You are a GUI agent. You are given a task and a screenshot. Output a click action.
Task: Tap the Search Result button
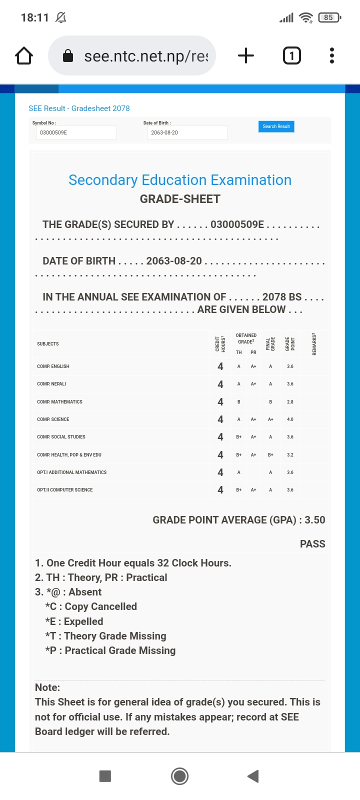(276, 126)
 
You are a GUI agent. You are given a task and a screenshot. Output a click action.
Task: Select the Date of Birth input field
(187, 133)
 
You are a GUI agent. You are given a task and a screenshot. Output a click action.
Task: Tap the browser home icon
(24, 55)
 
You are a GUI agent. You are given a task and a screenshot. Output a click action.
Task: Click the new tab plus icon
(245, 55)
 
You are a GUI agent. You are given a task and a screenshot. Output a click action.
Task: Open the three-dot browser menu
(331, 55)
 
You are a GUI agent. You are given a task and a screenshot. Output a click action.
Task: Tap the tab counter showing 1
(292, 55)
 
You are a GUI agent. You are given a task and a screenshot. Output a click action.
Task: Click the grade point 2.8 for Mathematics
(290, 402)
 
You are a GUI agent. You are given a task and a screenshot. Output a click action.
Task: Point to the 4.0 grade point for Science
(290, 419)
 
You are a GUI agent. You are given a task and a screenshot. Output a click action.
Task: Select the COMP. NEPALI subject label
(51, 384)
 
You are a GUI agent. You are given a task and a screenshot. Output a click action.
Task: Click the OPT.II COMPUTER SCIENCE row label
(65, 490)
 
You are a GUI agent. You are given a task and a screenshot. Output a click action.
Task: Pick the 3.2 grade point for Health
(290, 455)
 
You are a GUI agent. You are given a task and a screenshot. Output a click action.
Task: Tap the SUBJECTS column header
(48, 344)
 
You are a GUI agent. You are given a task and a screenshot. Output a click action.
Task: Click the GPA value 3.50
(315, 520)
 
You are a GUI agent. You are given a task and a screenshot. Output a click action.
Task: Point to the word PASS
(312, 544)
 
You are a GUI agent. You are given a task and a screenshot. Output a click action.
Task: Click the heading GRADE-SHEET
(180, 199)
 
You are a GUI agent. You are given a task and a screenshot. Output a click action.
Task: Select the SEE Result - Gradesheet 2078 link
(79, 108)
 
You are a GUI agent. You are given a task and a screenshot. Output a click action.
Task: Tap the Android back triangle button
(253, 776)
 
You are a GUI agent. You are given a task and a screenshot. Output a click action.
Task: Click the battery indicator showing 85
(328, 17)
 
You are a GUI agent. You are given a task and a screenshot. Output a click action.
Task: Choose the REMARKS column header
(314, 344)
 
